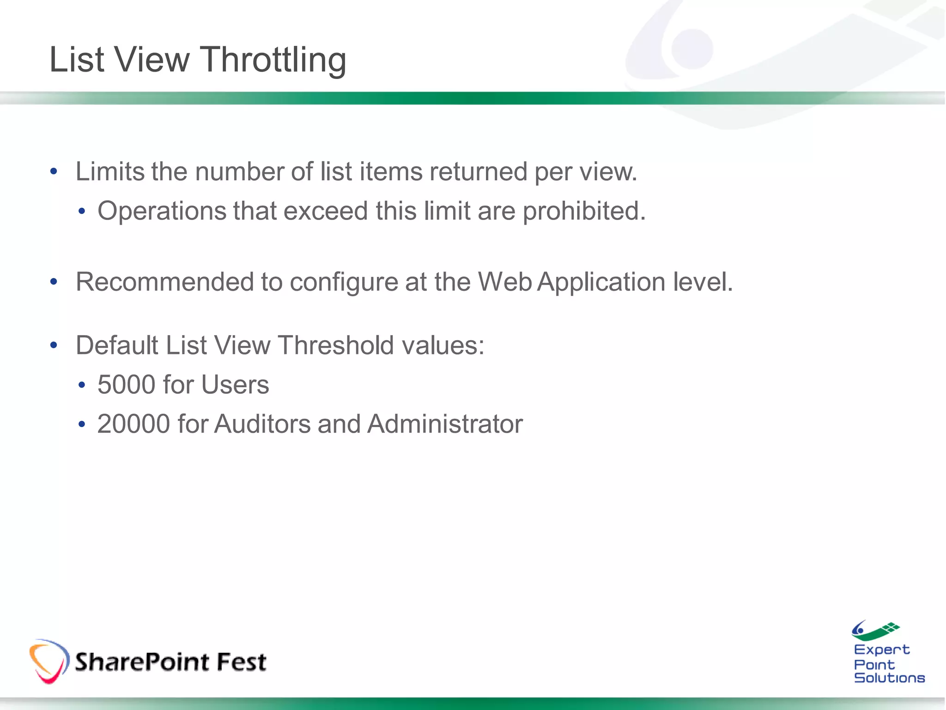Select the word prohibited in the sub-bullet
584,212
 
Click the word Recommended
164,282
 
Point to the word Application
601,282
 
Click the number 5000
126,385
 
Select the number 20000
133,424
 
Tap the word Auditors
262,424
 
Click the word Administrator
445,424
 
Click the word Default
117,345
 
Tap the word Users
235,385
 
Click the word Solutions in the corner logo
889,678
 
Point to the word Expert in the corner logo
881,650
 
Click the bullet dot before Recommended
54,282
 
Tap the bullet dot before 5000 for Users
82,385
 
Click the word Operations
162,212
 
